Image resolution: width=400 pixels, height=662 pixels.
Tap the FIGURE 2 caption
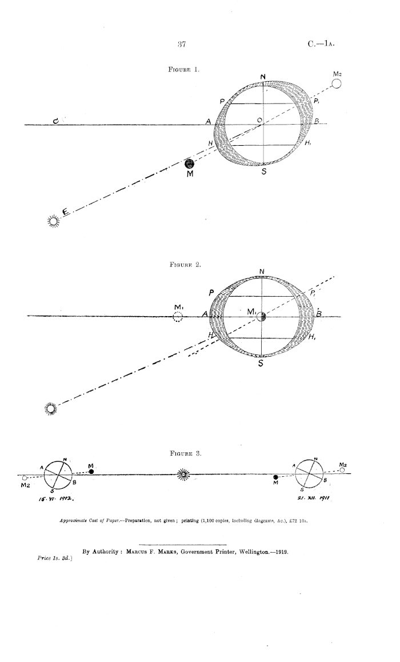coord(181,265)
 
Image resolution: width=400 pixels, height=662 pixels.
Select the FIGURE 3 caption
coord(181,453)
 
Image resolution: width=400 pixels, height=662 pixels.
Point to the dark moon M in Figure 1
coord(182,164)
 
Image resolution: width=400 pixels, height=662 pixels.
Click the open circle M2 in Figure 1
coord(337,85)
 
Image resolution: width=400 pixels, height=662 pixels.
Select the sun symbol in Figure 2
coord(51,408)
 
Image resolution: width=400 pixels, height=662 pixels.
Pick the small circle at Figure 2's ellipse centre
coord(261,317)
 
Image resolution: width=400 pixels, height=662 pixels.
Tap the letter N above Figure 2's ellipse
coord(262,272)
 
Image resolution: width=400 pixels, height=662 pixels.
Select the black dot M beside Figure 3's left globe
coord(91,471)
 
